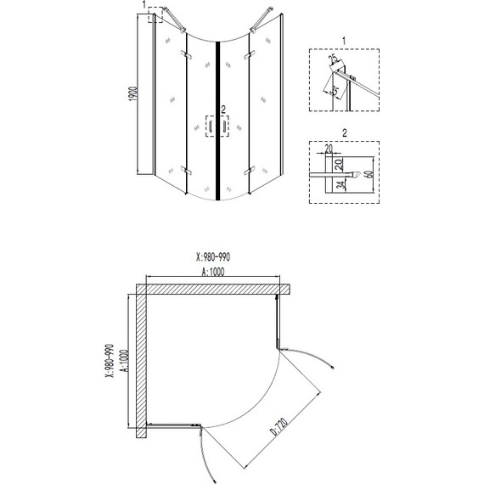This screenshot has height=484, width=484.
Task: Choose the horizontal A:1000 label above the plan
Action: point(213,273)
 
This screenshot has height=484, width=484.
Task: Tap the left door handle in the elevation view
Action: point(209,126)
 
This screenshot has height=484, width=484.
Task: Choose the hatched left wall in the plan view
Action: point(138,365)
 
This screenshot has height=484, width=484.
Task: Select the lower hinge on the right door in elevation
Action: point(248,172)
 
